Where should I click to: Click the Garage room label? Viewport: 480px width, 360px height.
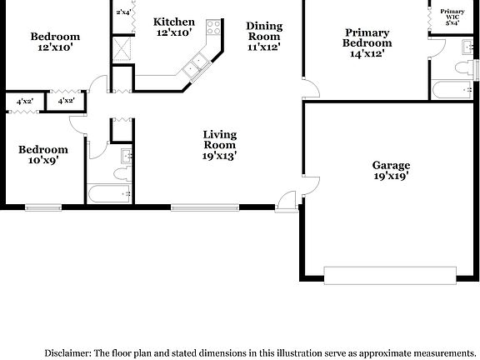391,165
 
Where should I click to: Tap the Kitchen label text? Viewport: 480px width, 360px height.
174,22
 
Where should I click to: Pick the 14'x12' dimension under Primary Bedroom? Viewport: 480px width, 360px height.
367,53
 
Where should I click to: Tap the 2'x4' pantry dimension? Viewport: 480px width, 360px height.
124,12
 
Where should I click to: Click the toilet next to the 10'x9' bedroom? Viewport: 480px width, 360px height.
122,173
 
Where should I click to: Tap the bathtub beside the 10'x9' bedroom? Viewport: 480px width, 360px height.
109,194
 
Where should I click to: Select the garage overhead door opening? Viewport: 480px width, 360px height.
388,275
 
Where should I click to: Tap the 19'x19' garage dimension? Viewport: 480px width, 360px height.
391,176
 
